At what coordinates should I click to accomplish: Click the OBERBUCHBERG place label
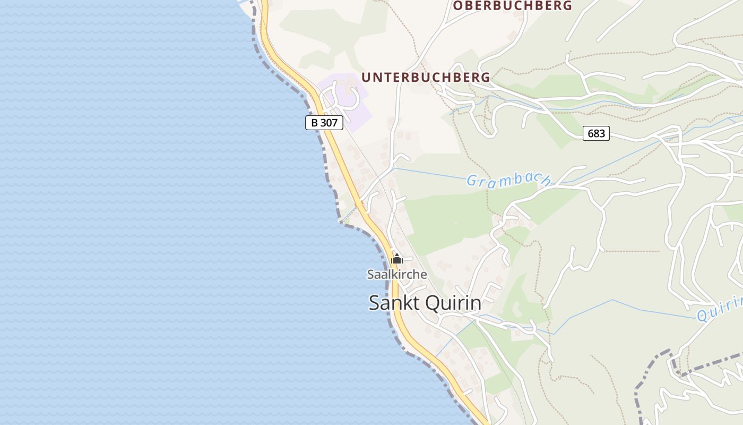coord(512,6)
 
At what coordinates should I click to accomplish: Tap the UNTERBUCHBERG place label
coord(426,78)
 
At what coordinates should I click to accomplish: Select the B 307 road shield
coord(324,123)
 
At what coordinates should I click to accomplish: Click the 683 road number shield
coord(596,133)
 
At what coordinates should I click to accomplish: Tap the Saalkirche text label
coord(397,275)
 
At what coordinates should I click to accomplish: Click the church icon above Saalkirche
coord(397,260)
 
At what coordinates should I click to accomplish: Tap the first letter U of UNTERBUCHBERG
coord(366,78)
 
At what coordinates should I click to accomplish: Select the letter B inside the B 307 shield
coord(315,123)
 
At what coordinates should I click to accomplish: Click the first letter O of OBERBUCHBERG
coord(457,6)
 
